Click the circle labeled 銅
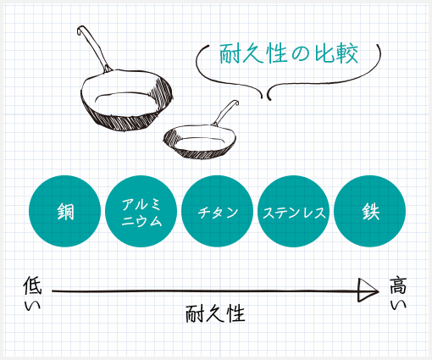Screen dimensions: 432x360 (x=64, y=211)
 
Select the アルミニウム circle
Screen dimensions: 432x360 (x=141, y=211)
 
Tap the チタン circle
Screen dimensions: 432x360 (x=218, y=211)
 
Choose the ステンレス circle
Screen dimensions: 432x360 (x=294, y=211)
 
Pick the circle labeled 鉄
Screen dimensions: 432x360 (x=370, y=211)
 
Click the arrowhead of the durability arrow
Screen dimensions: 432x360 (x=368, y=291)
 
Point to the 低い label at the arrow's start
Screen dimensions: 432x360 (x=32, y=294)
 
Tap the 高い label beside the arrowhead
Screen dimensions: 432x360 (x=398, y=293)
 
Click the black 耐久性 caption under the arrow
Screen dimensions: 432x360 (x=215, y=313)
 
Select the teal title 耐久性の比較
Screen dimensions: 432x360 (x=289, y=53)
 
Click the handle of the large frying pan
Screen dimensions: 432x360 (x=95, y=48)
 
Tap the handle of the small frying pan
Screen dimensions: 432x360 (x=226, y=113)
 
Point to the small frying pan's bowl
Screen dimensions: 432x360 (x=200, y=141)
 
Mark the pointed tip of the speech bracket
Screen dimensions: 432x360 (x=264, y=97)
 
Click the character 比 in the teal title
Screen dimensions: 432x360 (x=323, y=53)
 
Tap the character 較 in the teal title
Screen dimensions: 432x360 (x=348, y=53)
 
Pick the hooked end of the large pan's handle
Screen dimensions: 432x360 (x=81, y=30)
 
